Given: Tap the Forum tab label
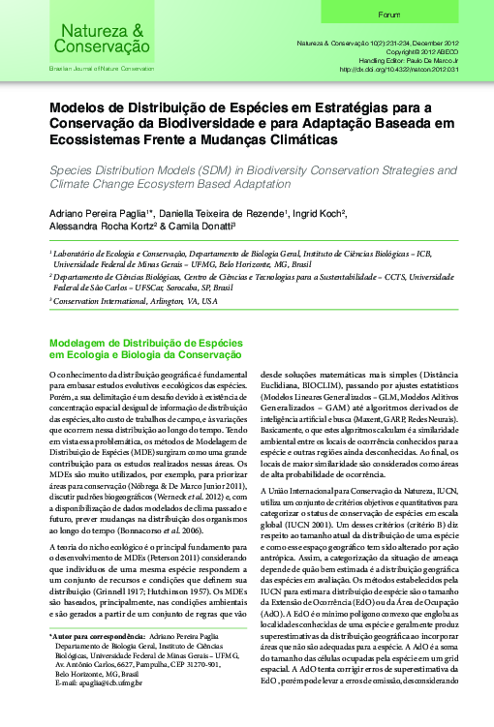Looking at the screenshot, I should click(389, 15).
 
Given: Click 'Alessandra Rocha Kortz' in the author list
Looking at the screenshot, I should click(102, 227).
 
